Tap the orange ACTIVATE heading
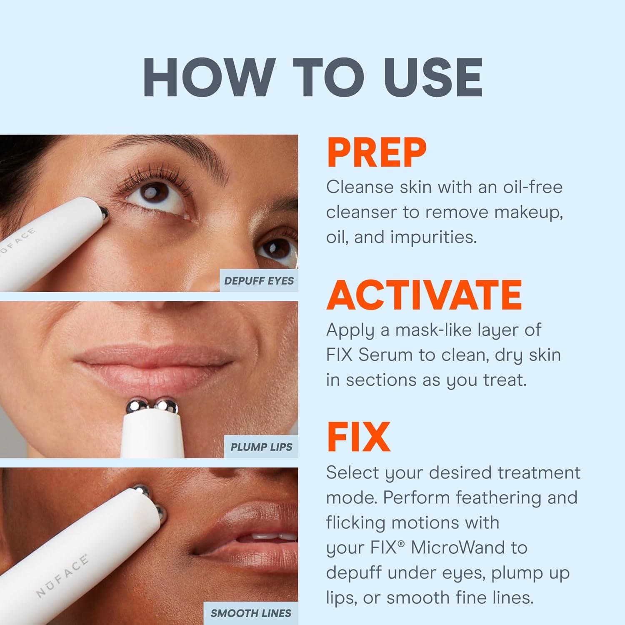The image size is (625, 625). coord(424,295)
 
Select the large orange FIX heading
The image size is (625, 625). coord(358,437)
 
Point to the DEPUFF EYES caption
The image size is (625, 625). coord(259,281)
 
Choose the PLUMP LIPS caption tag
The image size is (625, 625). coord(261,447)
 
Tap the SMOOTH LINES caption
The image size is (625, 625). coord(251,613)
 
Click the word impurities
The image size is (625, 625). coord(433,237)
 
